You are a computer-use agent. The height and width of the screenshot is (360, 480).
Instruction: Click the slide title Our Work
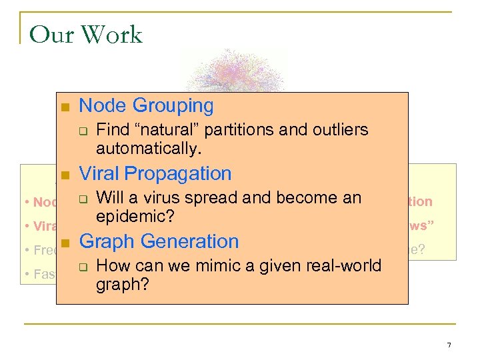pyautogui.click(x=86, y=35)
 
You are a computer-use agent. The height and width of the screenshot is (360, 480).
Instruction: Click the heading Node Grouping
pyautogui.click(x=146, y=105)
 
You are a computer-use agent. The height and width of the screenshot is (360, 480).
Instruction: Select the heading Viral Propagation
pyautogui.click(x=155, y=173)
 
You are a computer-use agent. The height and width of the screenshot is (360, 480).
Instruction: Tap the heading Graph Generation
pyautogui.click(x=159, y=241)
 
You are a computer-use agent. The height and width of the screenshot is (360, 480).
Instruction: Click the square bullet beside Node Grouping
pyautogui.click(x=65, y=107)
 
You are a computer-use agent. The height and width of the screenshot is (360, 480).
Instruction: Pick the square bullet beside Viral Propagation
pyautogui.click(x=65, y=175)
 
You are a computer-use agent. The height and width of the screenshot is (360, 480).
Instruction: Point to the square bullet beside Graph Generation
pyautogui.click(x=65, y=243)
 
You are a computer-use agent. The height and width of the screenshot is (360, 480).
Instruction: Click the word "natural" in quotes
pyautogui.click(x=162, y=129)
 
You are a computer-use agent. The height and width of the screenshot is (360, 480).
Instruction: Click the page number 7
pyautogui.click(x=449, y=345)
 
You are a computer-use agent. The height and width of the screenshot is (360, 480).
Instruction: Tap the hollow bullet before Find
pyautogui.click(x=83, y=131)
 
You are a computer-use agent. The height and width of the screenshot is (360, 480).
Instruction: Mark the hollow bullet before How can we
pyautogui.click(x=83, y=267)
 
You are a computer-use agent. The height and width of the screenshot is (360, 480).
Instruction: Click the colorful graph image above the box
pyautogui.click(x=237, y=70)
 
